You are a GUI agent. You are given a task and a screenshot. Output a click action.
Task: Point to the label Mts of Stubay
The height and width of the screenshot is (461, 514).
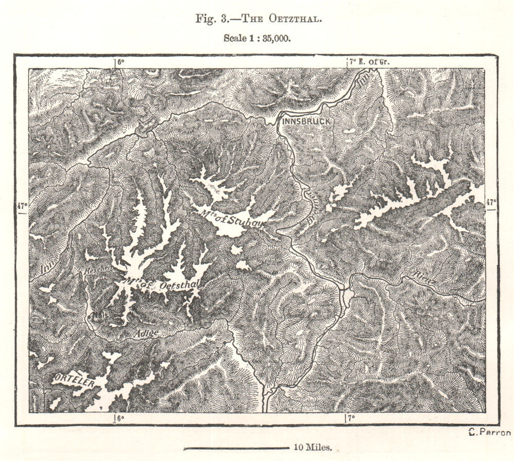[x=222, y=214]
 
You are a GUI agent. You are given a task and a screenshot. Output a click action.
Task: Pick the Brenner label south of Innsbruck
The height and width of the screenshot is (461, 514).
[x=311, y=206]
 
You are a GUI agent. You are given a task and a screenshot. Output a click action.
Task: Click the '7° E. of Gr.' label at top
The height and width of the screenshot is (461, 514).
[x=370, y=62]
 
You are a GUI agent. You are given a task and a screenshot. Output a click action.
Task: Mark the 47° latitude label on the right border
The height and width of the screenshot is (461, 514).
[x=492, y=202]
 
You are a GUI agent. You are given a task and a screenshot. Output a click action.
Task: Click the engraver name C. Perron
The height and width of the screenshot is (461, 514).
[x=490, y=432]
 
